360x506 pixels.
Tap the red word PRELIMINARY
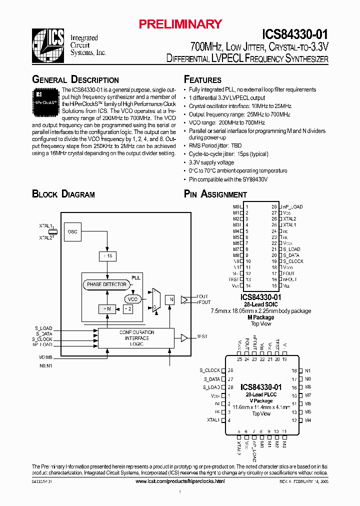(x=180, y=24)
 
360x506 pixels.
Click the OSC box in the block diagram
(x=73, y=231)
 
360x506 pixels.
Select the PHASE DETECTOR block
(x=106, y=284)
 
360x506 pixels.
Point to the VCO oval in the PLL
(x=132, y=299)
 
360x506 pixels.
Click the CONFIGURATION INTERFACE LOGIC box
(x=136, y=338)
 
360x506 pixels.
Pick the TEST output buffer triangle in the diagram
(x=184, y=338)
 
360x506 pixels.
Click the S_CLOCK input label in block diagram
(x=43, y=339)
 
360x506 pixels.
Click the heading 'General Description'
(x=75, y=80)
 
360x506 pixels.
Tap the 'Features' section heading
(x=202, y=80)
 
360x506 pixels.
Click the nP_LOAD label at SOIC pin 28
(x=292, y=206)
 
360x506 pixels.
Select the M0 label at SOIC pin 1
(x=236, y=206)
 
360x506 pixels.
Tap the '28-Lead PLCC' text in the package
(x=261, y=394)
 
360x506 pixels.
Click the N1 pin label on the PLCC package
(x=308, y=370)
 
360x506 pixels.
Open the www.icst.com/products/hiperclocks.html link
(x=180, y=481)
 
